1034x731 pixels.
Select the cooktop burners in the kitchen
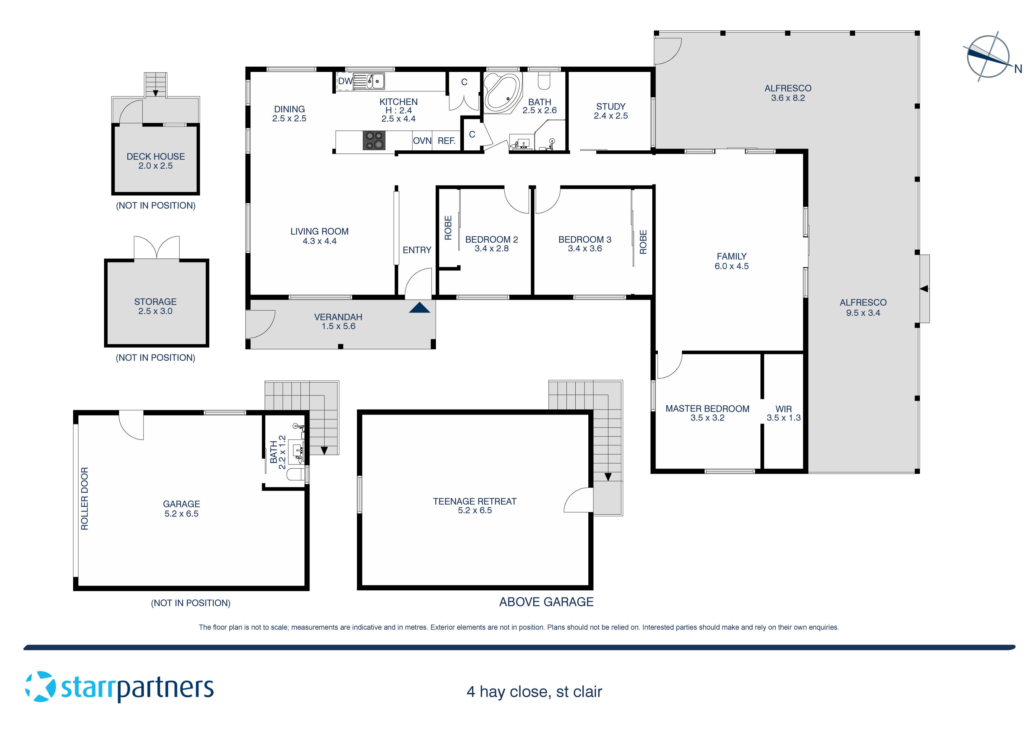click(374, 140)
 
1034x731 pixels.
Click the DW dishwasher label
click(345, 81)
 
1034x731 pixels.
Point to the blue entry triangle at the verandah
click(419, 308)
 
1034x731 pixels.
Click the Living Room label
click(319, 236)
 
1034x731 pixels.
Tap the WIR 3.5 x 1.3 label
click(784, 413)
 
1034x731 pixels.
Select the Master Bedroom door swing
click(669, 366)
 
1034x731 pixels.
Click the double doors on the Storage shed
click(156, 248)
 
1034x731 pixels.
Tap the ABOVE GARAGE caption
click(546, 602)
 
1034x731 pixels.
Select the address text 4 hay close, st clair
click(534, 692)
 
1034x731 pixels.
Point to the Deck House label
click(155, 161)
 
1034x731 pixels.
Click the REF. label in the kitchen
click(446, 141)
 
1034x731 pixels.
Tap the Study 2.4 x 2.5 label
click(611, 111)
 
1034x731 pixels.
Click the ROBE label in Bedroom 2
click(448, 228)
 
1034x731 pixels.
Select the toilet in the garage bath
click(295, 474)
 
